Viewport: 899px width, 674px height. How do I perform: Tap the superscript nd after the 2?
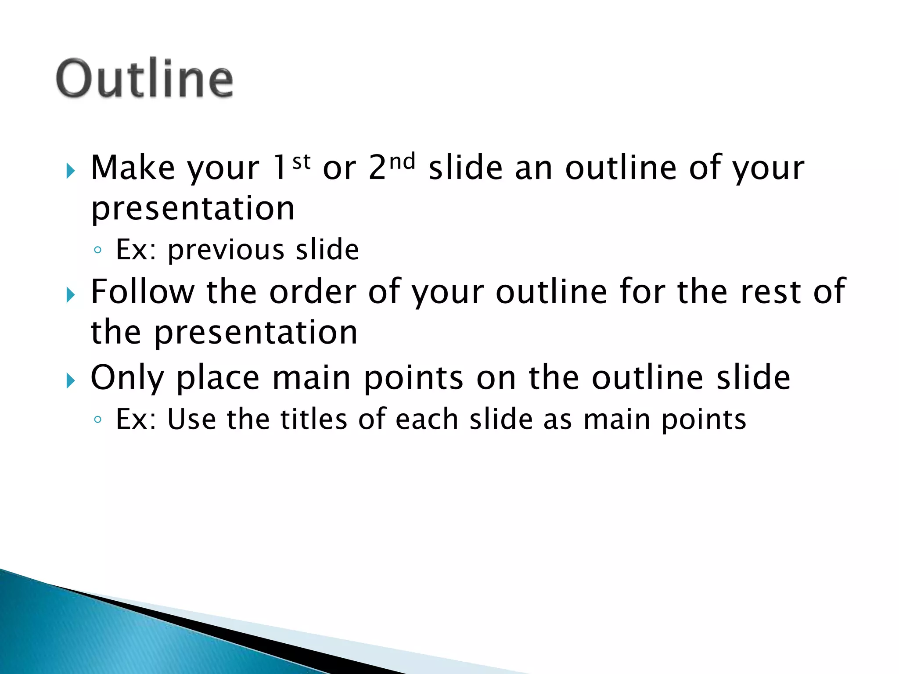point(402,161)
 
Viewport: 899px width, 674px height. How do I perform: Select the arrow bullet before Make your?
point(70,170)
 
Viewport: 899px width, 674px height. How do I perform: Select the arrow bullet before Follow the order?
point(70,294)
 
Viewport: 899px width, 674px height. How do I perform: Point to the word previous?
point(226,250)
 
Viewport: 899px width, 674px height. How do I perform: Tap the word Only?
point(127,378)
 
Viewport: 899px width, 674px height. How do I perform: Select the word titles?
point(314,419)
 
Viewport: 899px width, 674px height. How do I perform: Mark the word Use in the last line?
point(191,419)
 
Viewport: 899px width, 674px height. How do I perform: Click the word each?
point(427,419)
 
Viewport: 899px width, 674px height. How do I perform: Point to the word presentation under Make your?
point(193,209)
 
